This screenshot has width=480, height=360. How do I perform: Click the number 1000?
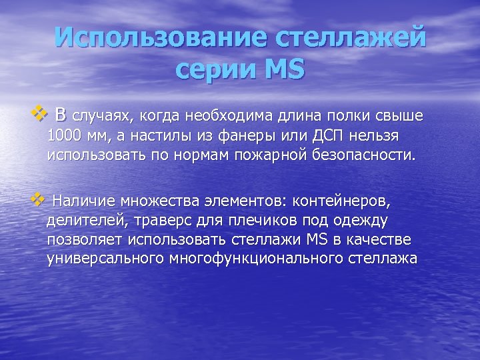[x=65, y=137]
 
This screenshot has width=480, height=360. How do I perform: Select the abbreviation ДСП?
[x=329, y=137]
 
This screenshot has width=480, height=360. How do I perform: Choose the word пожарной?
[x=291, y=155]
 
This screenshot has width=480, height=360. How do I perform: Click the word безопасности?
[x=372, y=155]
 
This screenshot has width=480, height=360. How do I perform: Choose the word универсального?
[x=107, y=258]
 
